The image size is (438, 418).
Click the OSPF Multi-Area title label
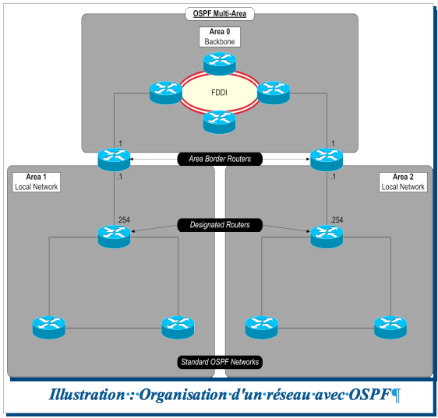[219, 13]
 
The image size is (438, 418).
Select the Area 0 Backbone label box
[219, 36]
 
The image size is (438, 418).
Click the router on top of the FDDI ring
[219, 61]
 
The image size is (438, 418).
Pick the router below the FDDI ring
[219, 121]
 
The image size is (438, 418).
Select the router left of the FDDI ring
[165, 92]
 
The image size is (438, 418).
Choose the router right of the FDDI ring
[274, 92]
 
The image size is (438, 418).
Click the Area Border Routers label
[219, 159]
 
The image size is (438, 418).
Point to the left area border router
[115, 158]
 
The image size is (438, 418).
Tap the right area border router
[326, 158]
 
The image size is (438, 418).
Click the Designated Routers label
[219, 225]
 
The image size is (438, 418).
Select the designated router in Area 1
[115, 235]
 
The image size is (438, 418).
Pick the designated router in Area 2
[326, 235]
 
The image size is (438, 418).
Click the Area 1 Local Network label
[36, 182]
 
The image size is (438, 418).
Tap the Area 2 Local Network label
[402, 182]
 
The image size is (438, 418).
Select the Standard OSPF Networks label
[219, 362]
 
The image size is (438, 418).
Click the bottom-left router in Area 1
[48, 327]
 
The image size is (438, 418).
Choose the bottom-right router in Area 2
[390, 327]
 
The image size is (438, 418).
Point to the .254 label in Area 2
[337, 220]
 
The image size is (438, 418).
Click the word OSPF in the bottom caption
[369, 395]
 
